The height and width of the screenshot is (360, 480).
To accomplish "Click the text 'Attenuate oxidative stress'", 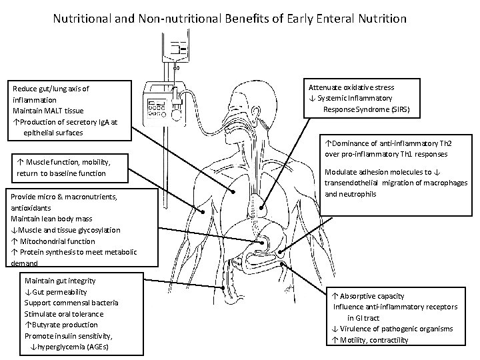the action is [x=351, y=87].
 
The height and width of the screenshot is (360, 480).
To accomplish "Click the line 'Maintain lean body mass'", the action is [x=51, y=219].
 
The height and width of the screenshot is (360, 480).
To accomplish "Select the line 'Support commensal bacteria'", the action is [x=73, y=303].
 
